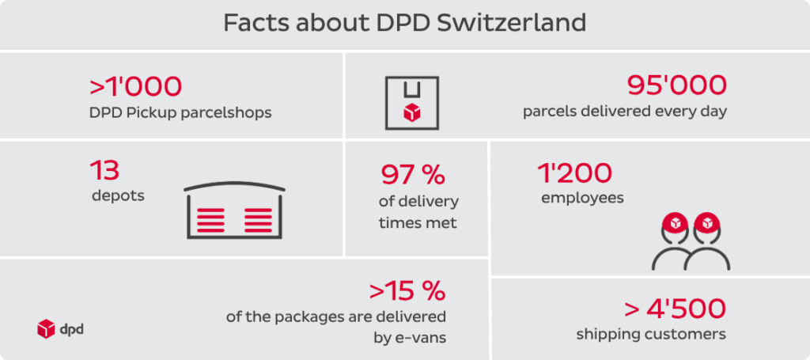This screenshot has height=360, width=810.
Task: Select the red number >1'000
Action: pyautogui.click(x=135, y=85)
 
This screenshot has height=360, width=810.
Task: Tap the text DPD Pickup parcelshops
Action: pyautogui.click(x=180, y=112)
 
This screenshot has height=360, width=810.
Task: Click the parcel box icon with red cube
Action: pyautogui.click(x=412, y=103)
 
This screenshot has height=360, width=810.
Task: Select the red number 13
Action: pyautogui.click(x=104, y=169)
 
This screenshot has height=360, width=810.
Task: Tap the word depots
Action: pyautogui.click(x=118, y=195)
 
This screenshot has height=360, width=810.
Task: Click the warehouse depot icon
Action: pyautogui.click(x=234, y=212)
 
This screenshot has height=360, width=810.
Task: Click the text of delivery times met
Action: pyautogui.click(x=418, y=212)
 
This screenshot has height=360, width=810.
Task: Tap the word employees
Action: pyautogui.click(x=582, y=198)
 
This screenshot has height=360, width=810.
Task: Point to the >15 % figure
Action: pyautogui.click(x=407, y=291)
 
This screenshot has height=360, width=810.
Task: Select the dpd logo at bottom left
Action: pyautogui.click(x=60, y=328)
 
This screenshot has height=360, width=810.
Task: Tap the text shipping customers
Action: pyautogui.click(x=651, y=335)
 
